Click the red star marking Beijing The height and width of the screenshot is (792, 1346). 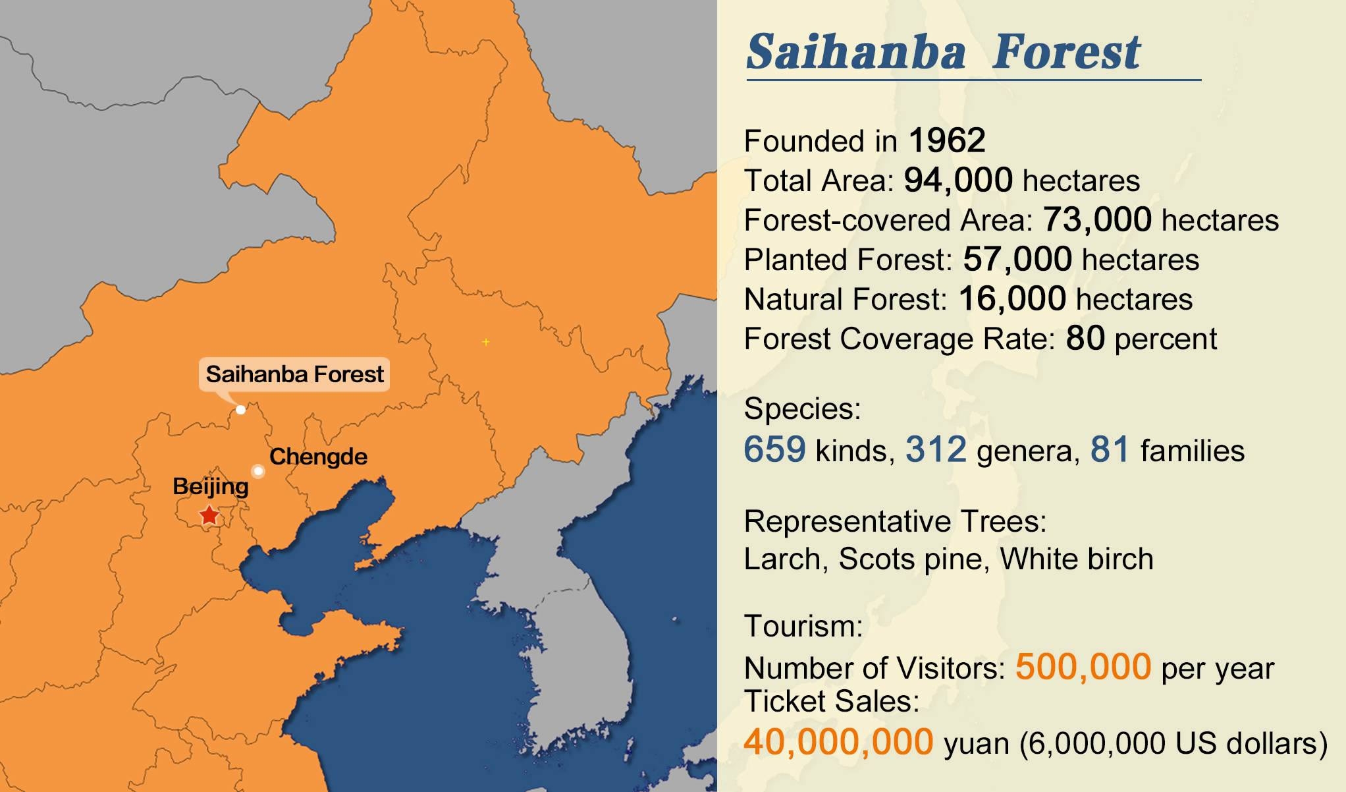209,515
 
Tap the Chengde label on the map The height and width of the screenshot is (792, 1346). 318,457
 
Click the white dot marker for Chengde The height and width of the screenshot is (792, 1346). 258,471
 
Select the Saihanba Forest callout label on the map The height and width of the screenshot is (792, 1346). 294,374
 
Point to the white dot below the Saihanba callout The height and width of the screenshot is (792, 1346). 241,410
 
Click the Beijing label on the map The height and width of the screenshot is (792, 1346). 211,487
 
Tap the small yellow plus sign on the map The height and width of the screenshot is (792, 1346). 486,342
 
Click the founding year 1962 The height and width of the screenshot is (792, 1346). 947,140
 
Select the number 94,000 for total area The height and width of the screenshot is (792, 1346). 958,180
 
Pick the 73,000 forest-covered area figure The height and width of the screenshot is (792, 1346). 1097,219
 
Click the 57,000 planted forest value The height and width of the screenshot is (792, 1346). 1017,259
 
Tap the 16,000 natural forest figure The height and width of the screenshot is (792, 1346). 1012,298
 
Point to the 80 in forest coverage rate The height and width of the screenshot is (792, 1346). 1085,338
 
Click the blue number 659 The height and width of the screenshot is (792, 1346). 774,449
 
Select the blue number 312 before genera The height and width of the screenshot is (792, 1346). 936,449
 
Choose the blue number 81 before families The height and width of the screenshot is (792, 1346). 1110,449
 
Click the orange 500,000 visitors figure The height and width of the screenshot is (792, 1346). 1083,667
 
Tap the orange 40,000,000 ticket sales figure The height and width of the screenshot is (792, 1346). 838,742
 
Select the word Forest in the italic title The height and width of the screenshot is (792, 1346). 1065,51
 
